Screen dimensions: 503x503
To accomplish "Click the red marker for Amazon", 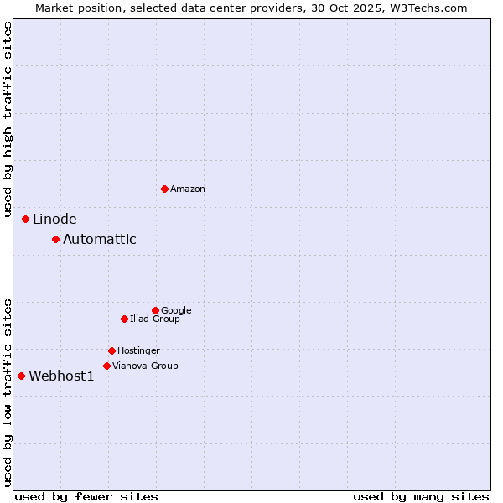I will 164,189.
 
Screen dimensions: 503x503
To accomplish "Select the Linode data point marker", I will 25,219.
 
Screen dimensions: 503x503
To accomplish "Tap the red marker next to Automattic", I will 55,239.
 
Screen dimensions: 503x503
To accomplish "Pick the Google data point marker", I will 155,310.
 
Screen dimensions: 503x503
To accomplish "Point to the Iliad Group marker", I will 124,319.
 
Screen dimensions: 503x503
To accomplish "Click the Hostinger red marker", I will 111,350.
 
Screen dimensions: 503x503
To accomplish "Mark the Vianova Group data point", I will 106,366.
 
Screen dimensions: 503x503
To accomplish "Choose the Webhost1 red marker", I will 21,376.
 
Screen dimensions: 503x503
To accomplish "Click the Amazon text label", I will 188,189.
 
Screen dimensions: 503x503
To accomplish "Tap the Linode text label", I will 54,220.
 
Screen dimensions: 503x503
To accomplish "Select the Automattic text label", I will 100,240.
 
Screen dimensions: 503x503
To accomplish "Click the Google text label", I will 176,311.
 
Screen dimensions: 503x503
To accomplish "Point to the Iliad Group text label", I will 155,319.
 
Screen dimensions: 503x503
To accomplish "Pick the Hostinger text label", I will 138,351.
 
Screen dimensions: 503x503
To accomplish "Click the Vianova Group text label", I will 145,366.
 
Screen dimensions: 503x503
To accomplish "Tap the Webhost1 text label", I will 61,376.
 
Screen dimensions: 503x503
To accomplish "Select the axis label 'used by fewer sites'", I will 86,496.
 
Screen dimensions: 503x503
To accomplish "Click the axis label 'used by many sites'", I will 421,496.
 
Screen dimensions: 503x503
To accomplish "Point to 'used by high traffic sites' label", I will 8,120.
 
